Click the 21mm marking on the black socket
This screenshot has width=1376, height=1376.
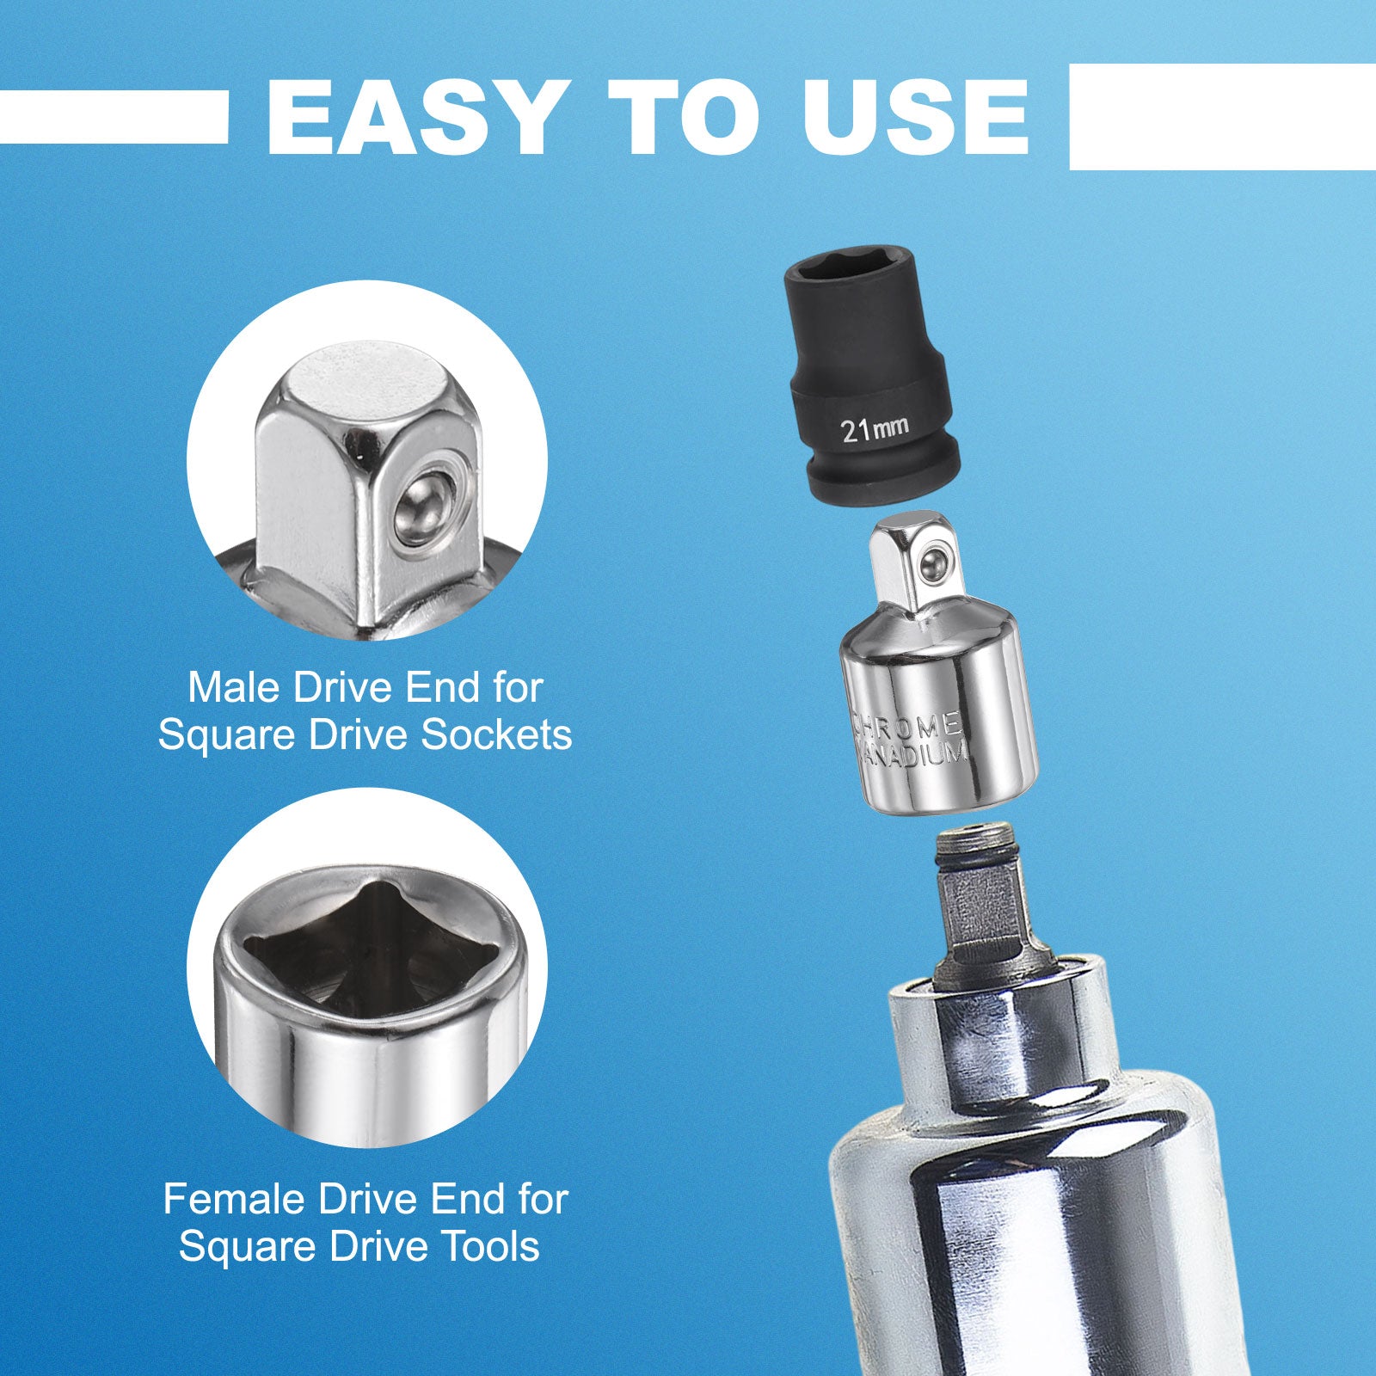[875, 427]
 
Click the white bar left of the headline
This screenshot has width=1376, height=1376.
[114, 117]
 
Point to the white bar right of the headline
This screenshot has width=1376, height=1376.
[1222, 117]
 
